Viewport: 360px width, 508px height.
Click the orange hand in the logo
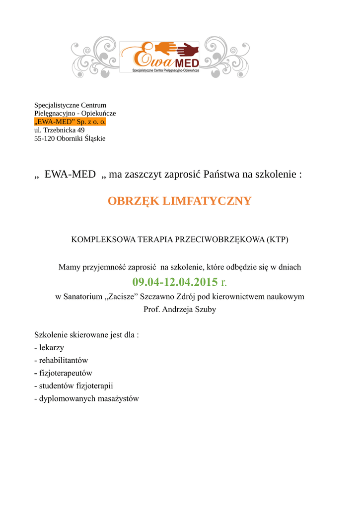tap(164, 48)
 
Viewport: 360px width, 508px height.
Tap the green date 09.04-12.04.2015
tap(175, 282)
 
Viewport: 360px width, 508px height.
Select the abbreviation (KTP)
tap(277, 239)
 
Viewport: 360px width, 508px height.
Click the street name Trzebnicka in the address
tap(60, 130)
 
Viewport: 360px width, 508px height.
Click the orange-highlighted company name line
tap(70, 122)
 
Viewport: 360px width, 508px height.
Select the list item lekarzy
tap(52, 348)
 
